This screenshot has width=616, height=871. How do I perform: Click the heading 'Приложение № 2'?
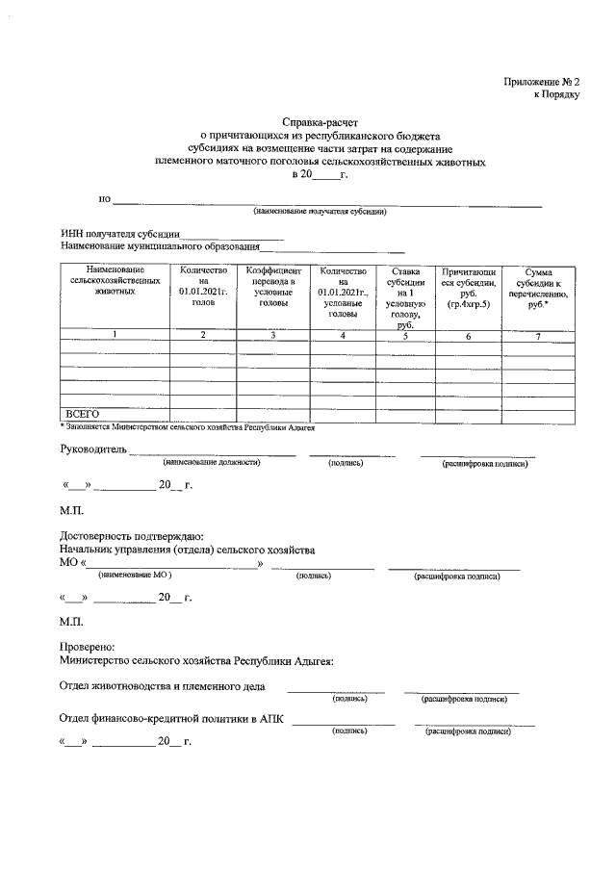pyautogui.click(x=542, y=82)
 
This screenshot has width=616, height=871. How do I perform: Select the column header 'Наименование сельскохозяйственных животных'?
pyautogui.click(x=115, y=280)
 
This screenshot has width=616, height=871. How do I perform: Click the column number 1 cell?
pyautogui.click(x=115, y=335)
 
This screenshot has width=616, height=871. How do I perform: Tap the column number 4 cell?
pyautogui.click(x=342, y=335)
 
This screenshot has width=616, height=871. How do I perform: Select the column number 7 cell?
pyautogui.click(x=539, y=335)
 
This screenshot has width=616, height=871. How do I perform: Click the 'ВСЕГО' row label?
pyautogui.click(x=83, y=414)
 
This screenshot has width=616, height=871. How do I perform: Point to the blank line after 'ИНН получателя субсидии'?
pyautogui.click(x=232, y=236)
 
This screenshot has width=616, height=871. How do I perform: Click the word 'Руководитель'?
pyautogui.click(x=92, y=448)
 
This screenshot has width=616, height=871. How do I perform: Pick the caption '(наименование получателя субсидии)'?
pyautogui.click(x=320, y=211)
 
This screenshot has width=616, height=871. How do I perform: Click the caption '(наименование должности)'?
pyautogui.click(x=212, y=463)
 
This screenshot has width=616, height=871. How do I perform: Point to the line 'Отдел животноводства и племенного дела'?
pyautogui.click(x=163, y=686)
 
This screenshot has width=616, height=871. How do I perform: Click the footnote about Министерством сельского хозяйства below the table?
pyautogui.click(x=188, y=425)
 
